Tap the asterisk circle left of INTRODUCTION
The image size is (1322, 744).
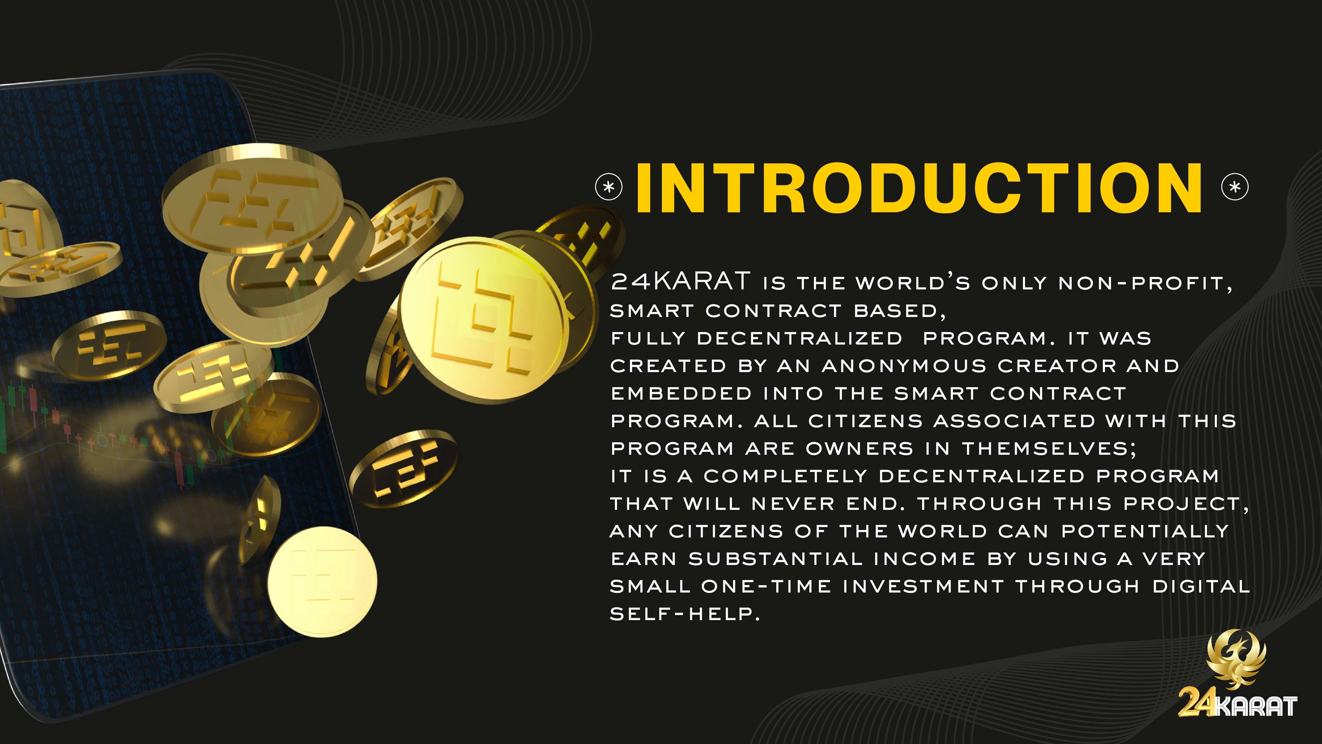coord(609,187)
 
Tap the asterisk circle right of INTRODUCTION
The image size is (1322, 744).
coord(1235,187)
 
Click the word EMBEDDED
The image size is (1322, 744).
coord(681,393)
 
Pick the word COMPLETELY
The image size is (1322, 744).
coord(785,476)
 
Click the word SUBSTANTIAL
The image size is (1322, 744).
coord(775,559)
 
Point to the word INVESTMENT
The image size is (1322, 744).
coord(923,586)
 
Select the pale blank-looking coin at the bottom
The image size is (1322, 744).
coord(322,582)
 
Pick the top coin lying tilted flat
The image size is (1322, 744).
coord(252,199)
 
